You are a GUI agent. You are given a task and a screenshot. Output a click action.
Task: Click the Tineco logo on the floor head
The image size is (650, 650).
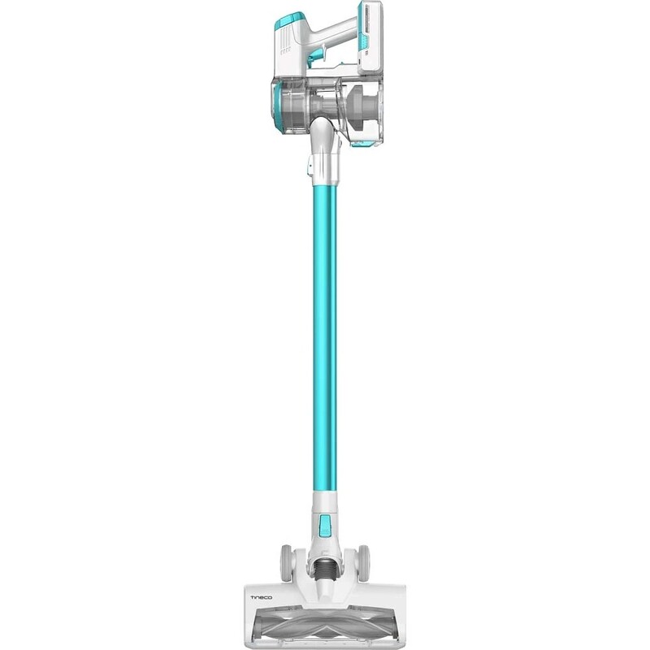261,597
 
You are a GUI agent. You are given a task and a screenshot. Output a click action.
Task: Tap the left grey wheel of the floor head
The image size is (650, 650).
286,563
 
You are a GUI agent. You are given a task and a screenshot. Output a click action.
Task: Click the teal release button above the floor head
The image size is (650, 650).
325,524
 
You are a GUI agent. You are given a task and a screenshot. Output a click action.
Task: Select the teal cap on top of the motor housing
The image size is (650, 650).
290,19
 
